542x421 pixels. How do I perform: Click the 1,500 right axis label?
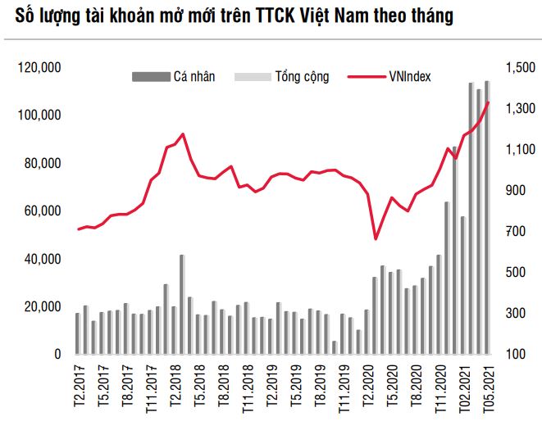tap(516, 67)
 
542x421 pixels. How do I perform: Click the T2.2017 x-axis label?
tap(79, 384)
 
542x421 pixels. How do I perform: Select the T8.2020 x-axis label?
tap(420, 384)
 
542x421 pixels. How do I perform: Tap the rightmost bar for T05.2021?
tap(487, 218)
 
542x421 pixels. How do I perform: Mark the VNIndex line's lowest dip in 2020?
tap(376, 238)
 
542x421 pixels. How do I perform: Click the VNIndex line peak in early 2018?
tap(182, 134)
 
